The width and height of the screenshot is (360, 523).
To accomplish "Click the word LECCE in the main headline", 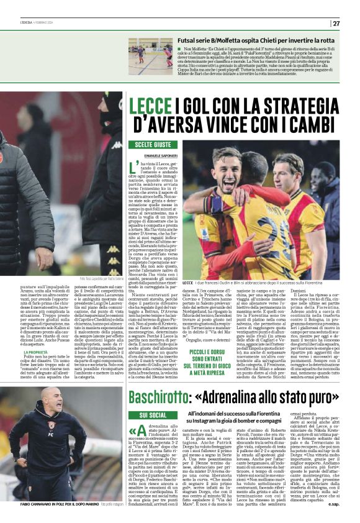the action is pyautogui.click(x=146, y=106).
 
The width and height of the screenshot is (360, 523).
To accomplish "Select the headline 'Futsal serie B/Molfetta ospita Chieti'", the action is pyautogui.click(x=248, y=40).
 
